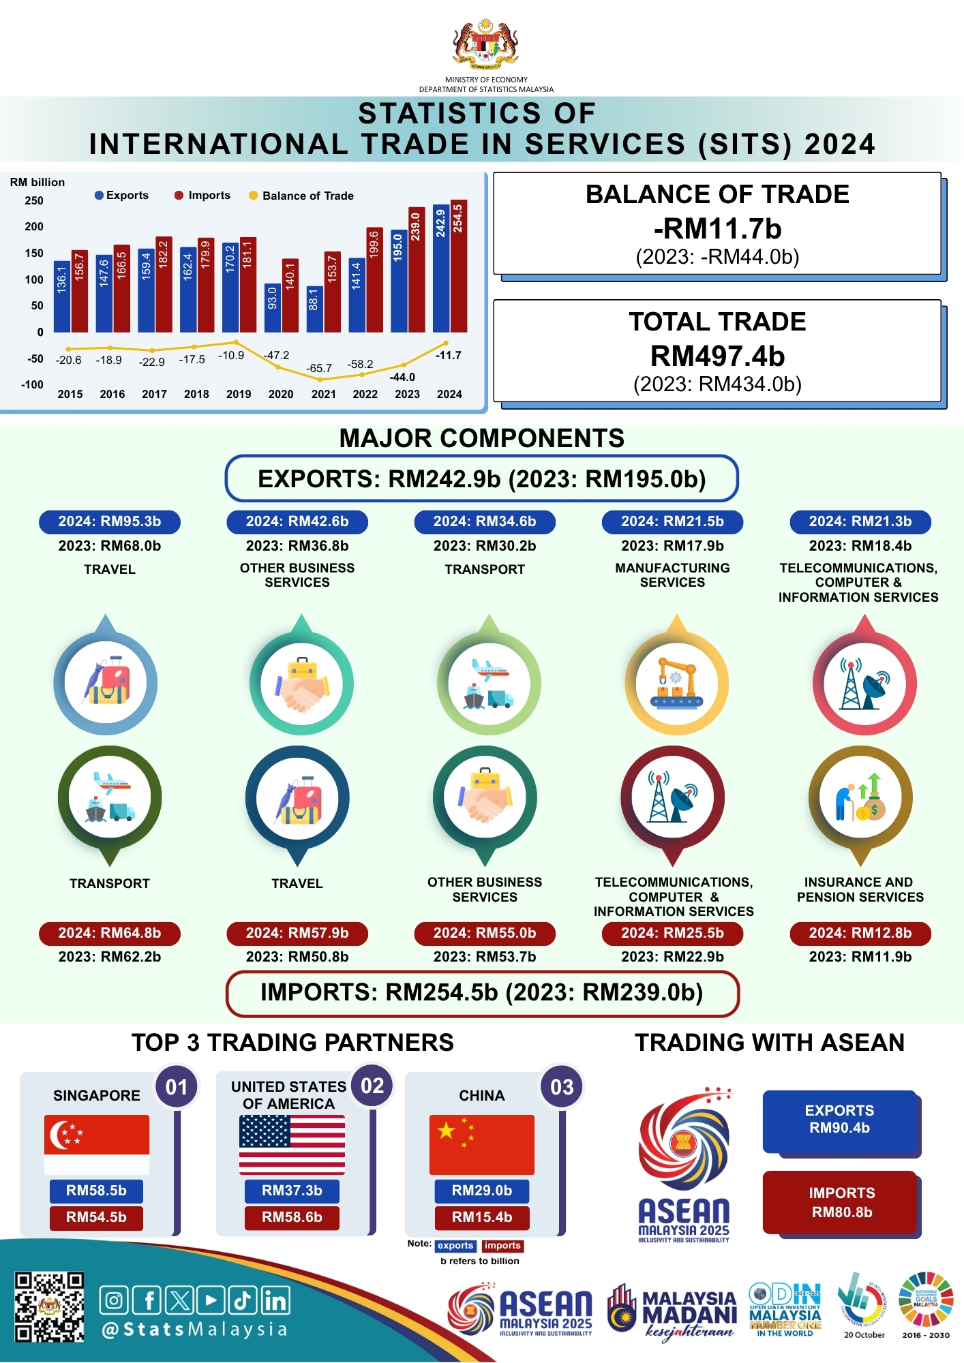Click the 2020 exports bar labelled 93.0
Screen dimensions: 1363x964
[x=273, y=307]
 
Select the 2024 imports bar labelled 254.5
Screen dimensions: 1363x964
[x=459, y=266]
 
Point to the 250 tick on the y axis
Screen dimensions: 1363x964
[x=34, y=200]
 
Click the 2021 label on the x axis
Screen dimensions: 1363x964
[x=323, y=394]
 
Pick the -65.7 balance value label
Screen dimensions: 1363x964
[x=319, y=369]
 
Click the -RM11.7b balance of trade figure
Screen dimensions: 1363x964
[x=717, y=229]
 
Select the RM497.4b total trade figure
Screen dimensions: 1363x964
[x=717, y=356]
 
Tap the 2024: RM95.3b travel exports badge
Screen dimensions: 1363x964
[x=110, y=522]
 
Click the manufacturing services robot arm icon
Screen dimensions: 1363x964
[x=676, y=683]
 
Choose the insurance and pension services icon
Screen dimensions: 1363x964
[x=860, y=797]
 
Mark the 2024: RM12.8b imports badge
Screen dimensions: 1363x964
[x=860, y=933]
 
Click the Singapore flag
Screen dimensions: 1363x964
[x=97, y=1144]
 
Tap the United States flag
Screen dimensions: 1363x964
[x=292, y=1144]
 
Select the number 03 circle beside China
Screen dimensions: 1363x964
[x=562, y=1086]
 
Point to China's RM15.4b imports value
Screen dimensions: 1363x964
[x=482, y=1217]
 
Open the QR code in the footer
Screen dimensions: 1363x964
[x=50, y=1306]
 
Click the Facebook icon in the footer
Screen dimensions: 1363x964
[x=148, y=1300]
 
